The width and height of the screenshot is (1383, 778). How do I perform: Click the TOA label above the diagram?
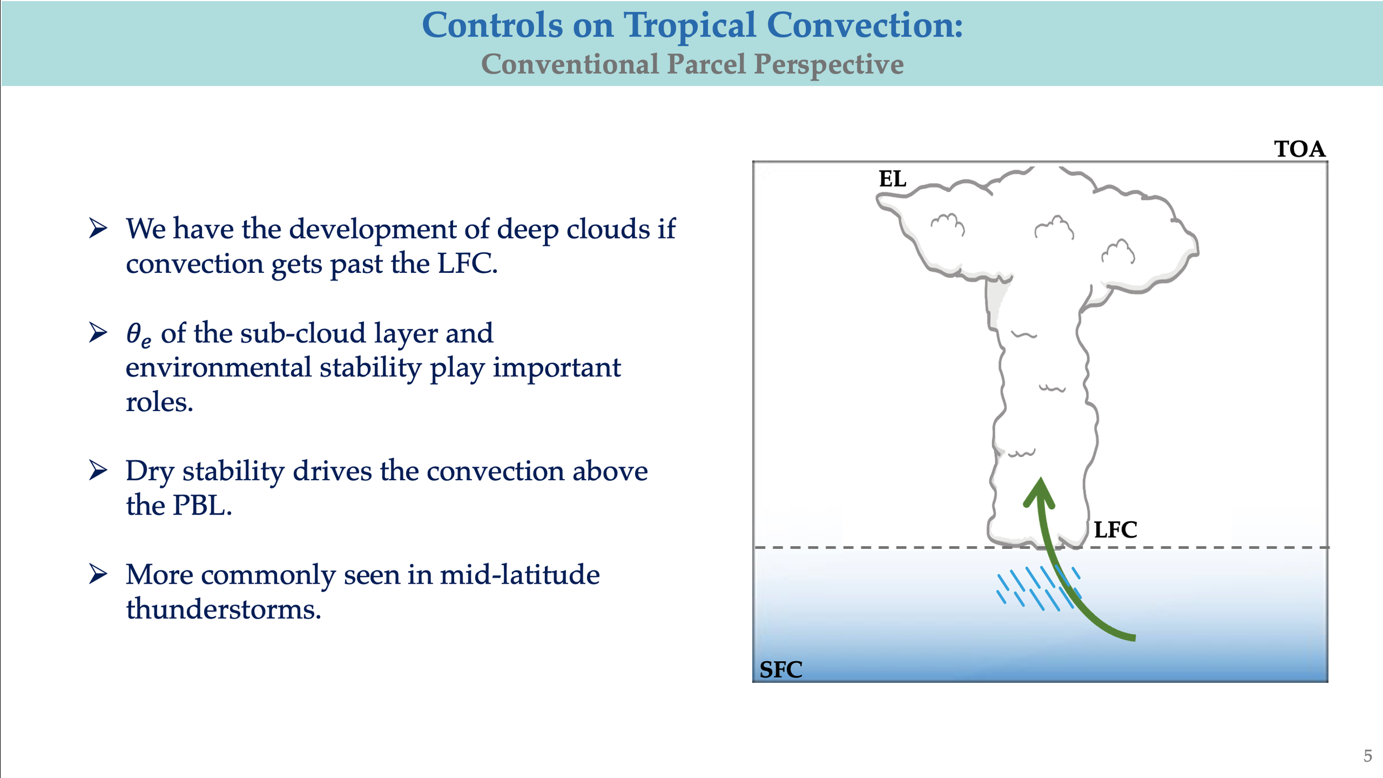point(1299,149)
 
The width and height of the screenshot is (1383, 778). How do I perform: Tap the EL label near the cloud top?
point(892,179)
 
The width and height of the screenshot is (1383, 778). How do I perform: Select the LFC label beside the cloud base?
point(1115,530)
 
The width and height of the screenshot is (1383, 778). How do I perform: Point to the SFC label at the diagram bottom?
point(781,670)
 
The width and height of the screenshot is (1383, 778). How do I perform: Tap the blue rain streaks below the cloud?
point(1038,588)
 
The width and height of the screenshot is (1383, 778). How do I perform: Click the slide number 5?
point(1368,756)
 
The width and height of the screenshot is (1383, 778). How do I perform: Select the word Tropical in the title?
point(689,25)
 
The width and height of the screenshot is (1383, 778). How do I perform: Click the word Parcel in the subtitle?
point(706,64)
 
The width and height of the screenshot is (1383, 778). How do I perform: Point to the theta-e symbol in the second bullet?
point(138,335)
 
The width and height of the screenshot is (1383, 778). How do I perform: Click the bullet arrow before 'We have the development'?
point(98,228)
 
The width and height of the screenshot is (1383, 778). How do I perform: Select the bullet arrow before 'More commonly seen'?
point(98,574)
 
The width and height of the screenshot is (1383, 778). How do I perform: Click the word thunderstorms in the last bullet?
point(223,609)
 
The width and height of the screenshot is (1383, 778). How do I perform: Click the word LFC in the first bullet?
point(467,263)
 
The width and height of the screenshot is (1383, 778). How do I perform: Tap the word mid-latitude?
point(519,574)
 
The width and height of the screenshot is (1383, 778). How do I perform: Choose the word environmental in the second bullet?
point(219,367)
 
